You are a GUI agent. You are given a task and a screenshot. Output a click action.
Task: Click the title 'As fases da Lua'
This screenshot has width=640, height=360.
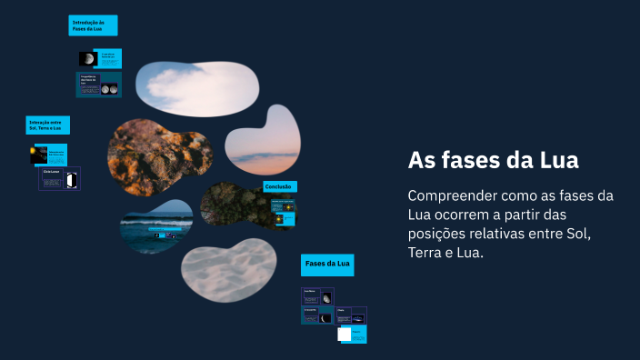[494, 161]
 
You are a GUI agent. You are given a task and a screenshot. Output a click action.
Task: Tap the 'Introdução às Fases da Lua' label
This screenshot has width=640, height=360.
[93, 25]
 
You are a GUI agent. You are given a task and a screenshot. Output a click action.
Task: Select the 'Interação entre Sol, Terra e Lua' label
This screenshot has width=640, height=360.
[47, 125]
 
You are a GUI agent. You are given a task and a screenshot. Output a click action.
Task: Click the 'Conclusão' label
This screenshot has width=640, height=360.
[278, 186]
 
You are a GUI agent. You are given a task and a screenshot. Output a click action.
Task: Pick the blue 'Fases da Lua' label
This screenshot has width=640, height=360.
[327, 265]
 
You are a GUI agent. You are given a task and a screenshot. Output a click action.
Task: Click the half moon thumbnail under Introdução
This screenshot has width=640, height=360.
[88, 59]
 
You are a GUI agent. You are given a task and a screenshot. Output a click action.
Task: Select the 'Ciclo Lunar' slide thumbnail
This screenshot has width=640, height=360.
[60, 178]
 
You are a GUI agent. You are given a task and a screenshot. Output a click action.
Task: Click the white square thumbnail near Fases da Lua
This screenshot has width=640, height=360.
[345, 334]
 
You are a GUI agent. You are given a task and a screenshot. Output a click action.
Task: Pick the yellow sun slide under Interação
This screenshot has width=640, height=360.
[39, 154]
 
